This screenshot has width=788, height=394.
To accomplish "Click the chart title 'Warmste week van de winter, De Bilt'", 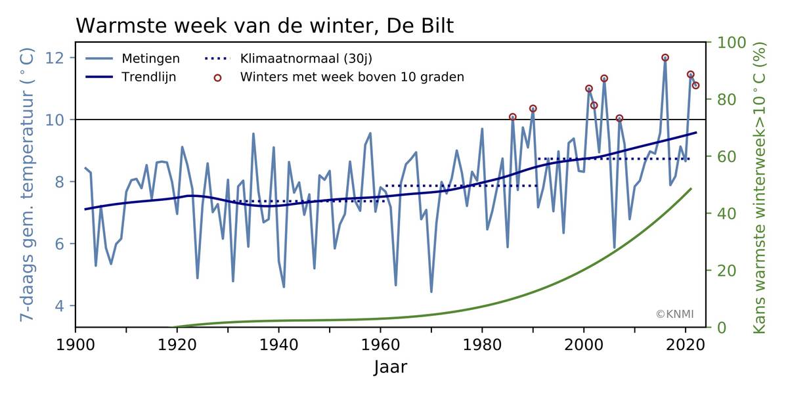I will pos(265,26).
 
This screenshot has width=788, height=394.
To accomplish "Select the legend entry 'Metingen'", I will pos(150,58).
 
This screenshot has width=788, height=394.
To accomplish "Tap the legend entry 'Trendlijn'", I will pos(148,77).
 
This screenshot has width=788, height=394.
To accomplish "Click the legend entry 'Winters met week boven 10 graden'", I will pos(352,77).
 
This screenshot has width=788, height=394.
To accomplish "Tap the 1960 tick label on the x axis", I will pos(380,344).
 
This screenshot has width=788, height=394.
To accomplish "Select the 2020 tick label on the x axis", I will pos(685,344).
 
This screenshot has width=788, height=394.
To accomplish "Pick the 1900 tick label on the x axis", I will pos(76,344).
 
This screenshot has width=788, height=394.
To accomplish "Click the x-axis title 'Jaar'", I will pos(390,366).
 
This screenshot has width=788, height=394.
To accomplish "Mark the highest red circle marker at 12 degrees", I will pos(665,58).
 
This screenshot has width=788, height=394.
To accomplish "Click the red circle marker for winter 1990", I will pos(533,108).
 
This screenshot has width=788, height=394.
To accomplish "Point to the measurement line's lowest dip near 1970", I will pos(431,292).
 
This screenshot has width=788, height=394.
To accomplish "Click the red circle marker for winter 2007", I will pos(619,118).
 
